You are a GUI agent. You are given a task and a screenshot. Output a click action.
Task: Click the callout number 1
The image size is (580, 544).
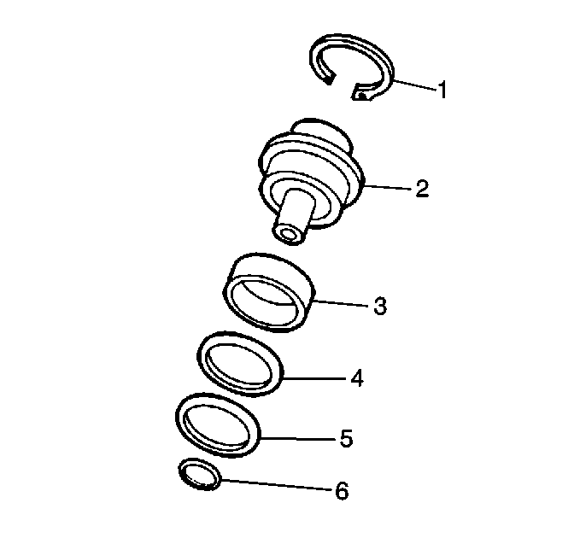pos(442,90)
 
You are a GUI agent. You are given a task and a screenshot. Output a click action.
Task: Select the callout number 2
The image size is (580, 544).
pos(422,189)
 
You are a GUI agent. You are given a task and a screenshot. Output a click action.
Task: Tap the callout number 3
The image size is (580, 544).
pos(380,307)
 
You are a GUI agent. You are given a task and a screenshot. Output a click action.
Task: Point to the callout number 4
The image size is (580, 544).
pos(357,378)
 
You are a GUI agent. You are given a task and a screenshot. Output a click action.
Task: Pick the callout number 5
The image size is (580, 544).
pos(346,438)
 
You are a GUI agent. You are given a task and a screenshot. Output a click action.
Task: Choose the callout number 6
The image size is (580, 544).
pos(342,491)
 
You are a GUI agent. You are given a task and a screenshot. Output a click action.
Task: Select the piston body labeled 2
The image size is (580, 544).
pos(311,181)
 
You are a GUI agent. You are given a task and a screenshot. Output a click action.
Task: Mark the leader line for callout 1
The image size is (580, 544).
pos(416,85)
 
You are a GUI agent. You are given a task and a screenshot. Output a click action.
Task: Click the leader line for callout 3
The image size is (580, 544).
pos(343,303)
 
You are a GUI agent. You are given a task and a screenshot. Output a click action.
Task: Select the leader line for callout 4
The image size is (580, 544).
pos(315,378)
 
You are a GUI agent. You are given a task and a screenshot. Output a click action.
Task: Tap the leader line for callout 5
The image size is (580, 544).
pos(298,439)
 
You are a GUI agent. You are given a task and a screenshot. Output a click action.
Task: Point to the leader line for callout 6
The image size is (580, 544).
pos(277,484)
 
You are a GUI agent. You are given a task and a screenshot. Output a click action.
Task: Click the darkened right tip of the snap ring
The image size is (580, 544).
pos(361,96)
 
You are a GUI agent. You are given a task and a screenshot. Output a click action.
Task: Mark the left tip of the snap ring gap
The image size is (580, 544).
pos(330,79)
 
